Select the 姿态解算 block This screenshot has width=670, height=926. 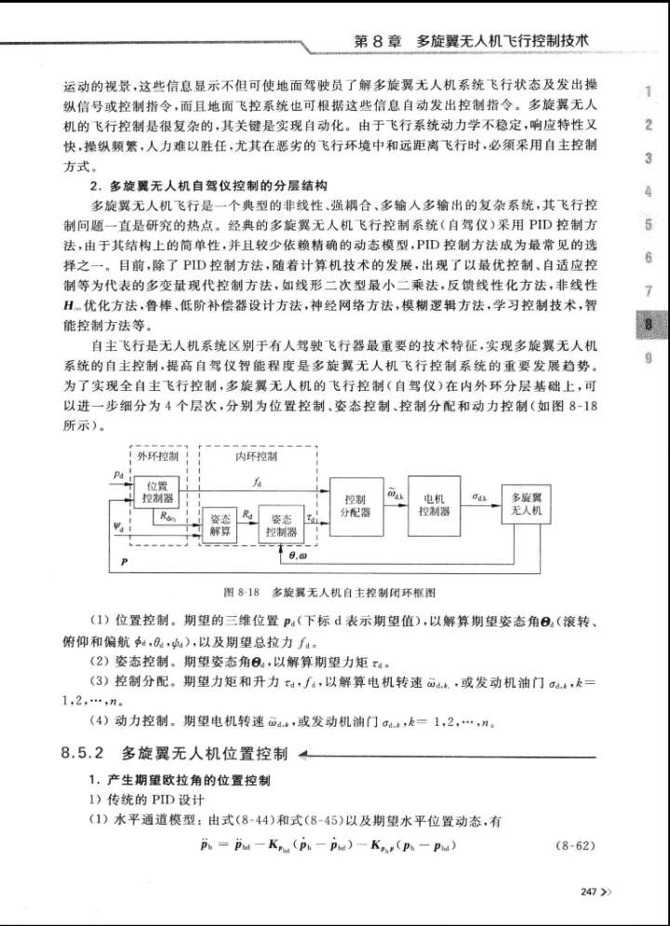pyautogui.click(x=220, y=525)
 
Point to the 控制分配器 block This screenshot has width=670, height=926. pyautogui.click(x=356, y=504)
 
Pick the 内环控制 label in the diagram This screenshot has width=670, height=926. pyautogui.click(x=255, y=457)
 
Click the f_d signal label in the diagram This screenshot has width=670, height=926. pyautogui.click(x=255, y=482)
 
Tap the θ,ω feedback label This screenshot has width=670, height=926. pyautogui.click(x=304, y=556)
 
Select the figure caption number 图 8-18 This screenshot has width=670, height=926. pyautogui.click(x=241, y=591)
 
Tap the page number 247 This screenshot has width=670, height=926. pyautogui.click(x=587, y=891)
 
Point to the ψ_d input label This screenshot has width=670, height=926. pyautogui.click(x=118, y=525)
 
